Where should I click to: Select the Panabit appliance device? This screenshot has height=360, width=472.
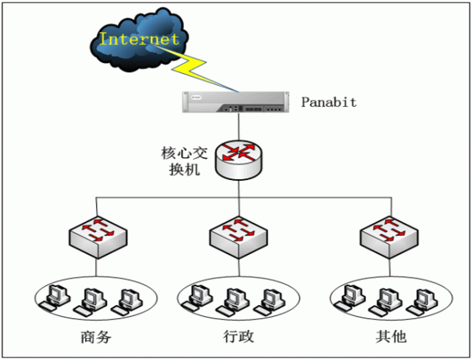pos(236,101)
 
